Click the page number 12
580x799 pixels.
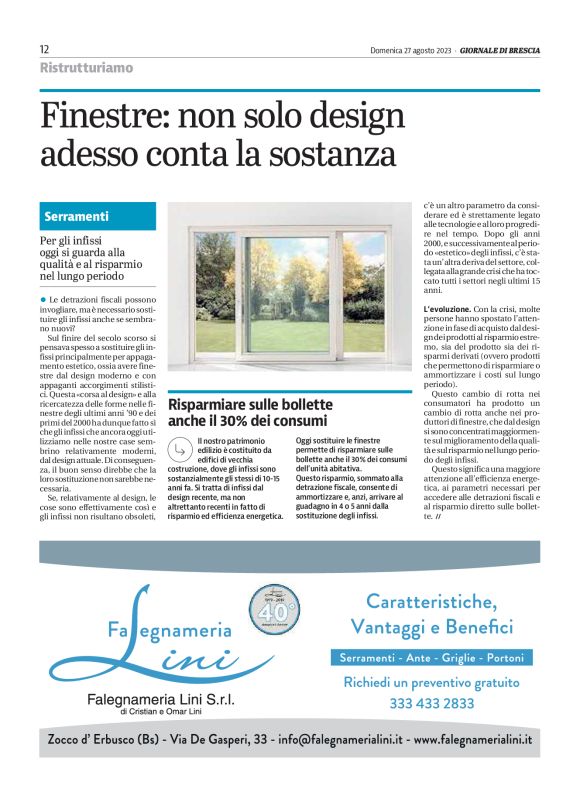point(45,49)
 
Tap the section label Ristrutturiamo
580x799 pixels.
point(86,68)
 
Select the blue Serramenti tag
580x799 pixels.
point(77,216)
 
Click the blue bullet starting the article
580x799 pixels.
point(43,299)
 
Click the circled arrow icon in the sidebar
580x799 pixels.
point(180,448)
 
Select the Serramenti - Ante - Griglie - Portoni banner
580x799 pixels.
point(431,658)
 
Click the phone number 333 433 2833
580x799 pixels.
point(432,703)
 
